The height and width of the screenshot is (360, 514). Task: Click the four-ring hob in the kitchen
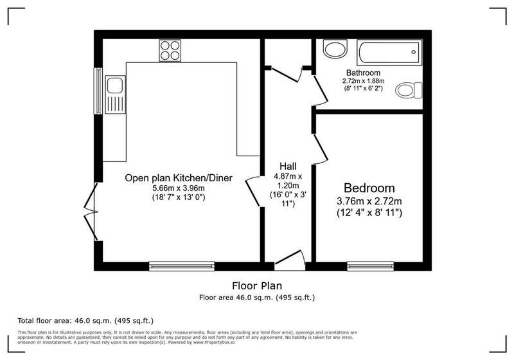170,51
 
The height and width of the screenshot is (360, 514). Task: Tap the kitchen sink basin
115,85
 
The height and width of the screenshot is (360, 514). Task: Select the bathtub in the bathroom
389,53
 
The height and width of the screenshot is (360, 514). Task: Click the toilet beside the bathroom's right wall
409,90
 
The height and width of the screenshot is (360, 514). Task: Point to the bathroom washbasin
335,48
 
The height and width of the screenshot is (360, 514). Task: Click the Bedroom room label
369,188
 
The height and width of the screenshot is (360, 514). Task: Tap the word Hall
288,166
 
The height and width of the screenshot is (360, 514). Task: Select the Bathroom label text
363,73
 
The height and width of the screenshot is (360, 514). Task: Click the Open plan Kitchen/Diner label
179,178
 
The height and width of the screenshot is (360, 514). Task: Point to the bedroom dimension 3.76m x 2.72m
369,201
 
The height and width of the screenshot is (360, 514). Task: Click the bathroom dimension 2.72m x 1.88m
363,80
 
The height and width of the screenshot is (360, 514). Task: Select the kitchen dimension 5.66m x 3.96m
179,188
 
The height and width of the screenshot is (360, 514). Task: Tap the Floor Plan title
257,285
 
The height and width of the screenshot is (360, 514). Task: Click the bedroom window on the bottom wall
371,266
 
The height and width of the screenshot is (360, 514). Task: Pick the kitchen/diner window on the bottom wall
182,266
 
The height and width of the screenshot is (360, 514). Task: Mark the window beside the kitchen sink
98,91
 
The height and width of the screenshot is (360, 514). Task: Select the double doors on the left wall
91,212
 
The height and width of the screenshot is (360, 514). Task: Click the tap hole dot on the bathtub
414,52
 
